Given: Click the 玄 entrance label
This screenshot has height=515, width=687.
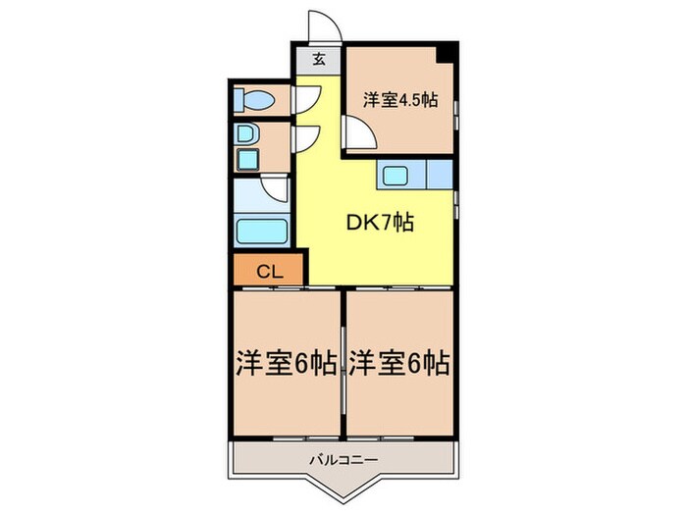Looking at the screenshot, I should coord(319,58).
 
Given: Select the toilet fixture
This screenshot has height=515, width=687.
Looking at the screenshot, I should coord(257,99).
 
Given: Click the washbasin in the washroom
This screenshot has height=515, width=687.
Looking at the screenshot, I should coord(245,134).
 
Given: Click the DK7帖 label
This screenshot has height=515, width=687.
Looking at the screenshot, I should coord(377,223).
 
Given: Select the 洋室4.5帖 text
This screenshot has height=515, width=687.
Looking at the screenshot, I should coord(400,98).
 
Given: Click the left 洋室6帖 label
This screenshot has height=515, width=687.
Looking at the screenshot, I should coord(286,364).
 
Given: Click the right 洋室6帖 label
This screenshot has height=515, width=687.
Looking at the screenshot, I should coord(398,364).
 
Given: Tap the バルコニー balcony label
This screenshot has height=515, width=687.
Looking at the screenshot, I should coord(343,458).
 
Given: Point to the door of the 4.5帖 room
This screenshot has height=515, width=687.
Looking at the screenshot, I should coord(357,131).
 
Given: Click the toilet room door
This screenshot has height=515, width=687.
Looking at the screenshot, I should coord(306,99).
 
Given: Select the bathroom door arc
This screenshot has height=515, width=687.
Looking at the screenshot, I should coord(276,190).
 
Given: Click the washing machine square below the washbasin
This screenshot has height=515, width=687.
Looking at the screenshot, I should coord(246,161).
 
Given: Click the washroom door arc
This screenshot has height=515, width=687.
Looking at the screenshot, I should coord(306,137).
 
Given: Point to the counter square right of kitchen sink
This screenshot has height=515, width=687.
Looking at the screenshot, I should coord(440,175).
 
